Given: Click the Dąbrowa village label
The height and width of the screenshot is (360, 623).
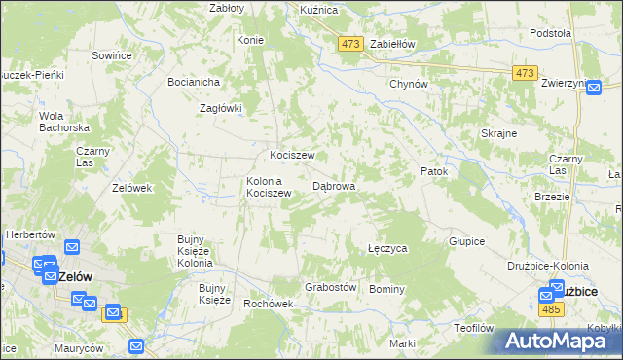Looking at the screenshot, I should pyautogui.click(x=333, y=185).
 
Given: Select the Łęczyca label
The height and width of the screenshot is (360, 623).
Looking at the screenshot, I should pyautogui.click(x=386, y=249).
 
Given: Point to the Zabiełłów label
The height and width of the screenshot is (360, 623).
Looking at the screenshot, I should pyautogui.click(x=392, y=44).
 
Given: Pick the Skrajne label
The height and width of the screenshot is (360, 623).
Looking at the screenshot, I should pyautogui.click(x=498, y=133).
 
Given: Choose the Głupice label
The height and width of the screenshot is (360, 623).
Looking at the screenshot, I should pyautogui.click(x=466, y=240).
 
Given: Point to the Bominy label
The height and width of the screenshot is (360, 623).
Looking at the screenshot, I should pyautogui.click(x=386, y=289).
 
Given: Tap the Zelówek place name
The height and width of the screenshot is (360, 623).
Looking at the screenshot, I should pyautogui.click(x=131, y=188).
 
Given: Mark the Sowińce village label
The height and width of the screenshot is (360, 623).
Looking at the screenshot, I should pyautogui.click(x=111, y=56).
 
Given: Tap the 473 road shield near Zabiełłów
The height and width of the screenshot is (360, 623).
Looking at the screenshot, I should pyautogui.click(x=350, y=44).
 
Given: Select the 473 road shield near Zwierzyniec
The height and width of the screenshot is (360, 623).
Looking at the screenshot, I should pyautogui.click(x=526, y=74).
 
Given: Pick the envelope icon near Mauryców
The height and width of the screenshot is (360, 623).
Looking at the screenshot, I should pyautogui.click(x=135, y=345).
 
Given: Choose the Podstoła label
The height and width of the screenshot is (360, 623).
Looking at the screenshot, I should pyautogui.click(x=550, y=33).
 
